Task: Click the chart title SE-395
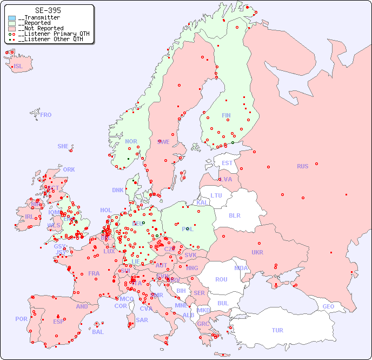click(48, 10)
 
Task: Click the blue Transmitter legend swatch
click(12, 18)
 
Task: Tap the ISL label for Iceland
click(18, 67)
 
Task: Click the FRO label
click(46, 115)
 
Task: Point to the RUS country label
click(302, 166)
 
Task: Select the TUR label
click(277, 330)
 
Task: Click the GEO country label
click(328, 306)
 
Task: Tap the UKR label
click(257, 252)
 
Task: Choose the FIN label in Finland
click(226, 115)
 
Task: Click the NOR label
click(131, 141)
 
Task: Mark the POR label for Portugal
click(21, 319)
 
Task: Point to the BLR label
click(234, 215)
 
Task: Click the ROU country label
click(221, 279)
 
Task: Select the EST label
click(227, 163)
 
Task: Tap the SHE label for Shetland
click(63, 146)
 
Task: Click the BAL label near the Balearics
click(98, 332)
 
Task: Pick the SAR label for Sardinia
click(142, 320)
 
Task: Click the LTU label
click(216, 195)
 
